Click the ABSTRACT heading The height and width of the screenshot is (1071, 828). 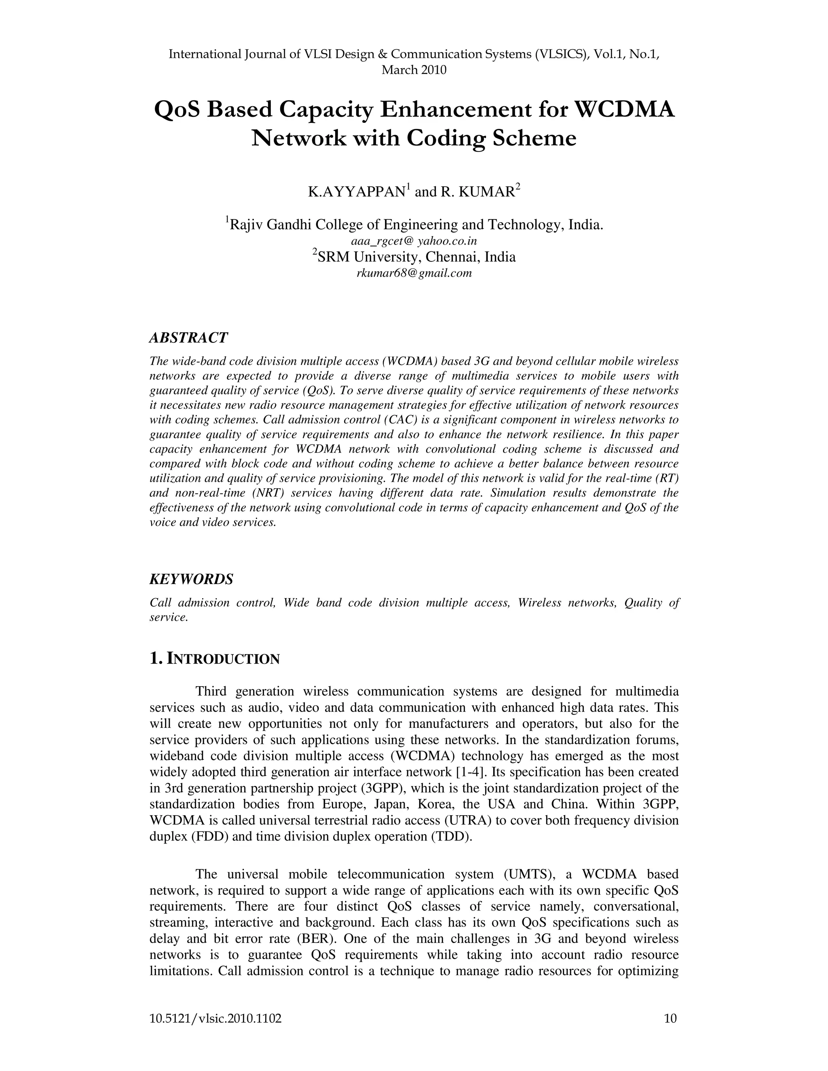(x=188, y=337)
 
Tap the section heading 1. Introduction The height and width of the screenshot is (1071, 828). (x=214, y=659)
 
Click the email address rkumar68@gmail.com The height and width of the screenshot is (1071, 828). (x=414, y=274)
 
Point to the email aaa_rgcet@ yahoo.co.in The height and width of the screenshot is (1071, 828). (x=414, y=241)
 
